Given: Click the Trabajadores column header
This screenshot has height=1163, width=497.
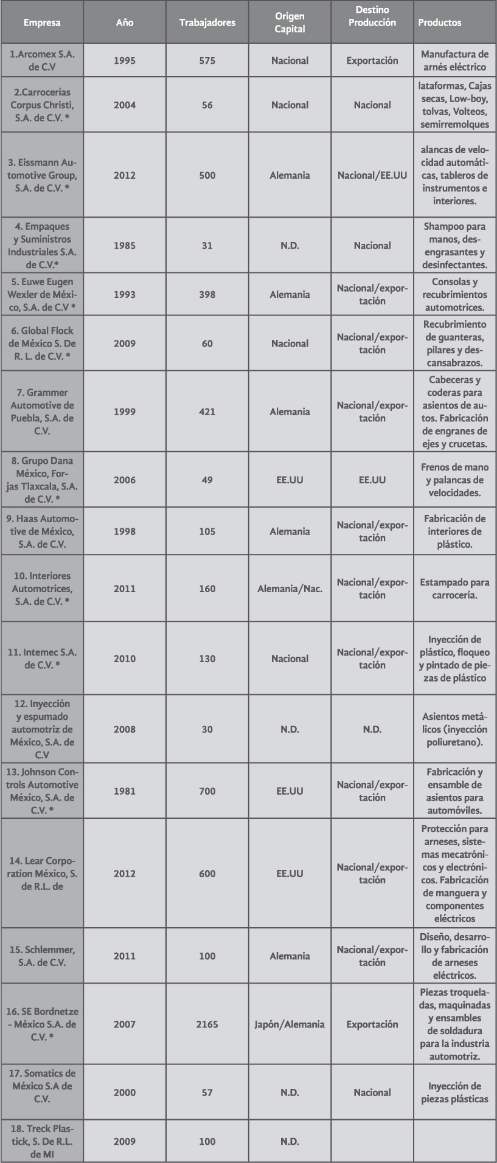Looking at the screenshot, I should coord(207,23).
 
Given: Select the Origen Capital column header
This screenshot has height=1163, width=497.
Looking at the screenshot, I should coord(290,22).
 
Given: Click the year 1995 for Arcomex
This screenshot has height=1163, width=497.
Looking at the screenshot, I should coord(125,61).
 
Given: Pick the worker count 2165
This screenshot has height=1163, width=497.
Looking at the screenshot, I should coord(207,1024).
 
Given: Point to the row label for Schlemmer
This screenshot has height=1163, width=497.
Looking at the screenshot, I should coord(42,956).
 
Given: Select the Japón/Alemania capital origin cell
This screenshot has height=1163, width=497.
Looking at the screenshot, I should coord(290,1024).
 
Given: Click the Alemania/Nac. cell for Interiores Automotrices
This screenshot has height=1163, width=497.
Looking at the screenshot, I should coord(290,588).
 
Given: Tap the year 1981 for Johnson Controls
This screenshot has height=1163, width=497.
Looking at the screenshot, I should coord(125,791).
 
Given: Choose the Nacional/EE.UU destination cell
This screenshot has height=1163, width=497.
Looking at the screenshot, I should coord(372,176).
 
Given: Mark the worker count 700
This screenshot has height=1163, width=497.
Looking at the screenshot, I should coord(207,791).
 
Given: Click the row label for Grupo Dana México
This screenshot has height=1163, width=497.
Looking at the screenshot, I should coord(42,480).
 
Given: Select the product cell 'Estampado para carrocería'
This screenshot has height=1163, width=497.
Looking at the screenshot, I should coord(454,588).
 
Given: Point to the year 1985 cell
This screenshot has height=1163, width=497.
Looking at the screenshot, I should coord(125,246).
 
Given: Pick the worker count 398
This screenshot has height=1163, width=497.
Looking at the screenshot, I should coord(207,295).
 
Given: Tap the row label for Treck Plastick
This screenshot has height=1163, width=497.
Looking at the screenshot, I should coord(42,1141).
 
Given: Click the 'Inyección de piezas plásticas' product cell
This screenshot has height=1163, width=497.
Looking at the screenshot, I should coord(454,1092).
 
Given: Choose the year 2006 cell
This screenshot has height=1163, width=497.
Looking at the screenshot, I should coord(125,480).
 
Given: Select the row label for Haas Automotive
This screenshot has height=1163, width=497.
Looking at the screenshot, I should coord(42,531).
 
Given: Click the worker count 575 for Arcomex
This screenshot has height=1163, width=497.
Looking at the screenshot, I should coord(207,61).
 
